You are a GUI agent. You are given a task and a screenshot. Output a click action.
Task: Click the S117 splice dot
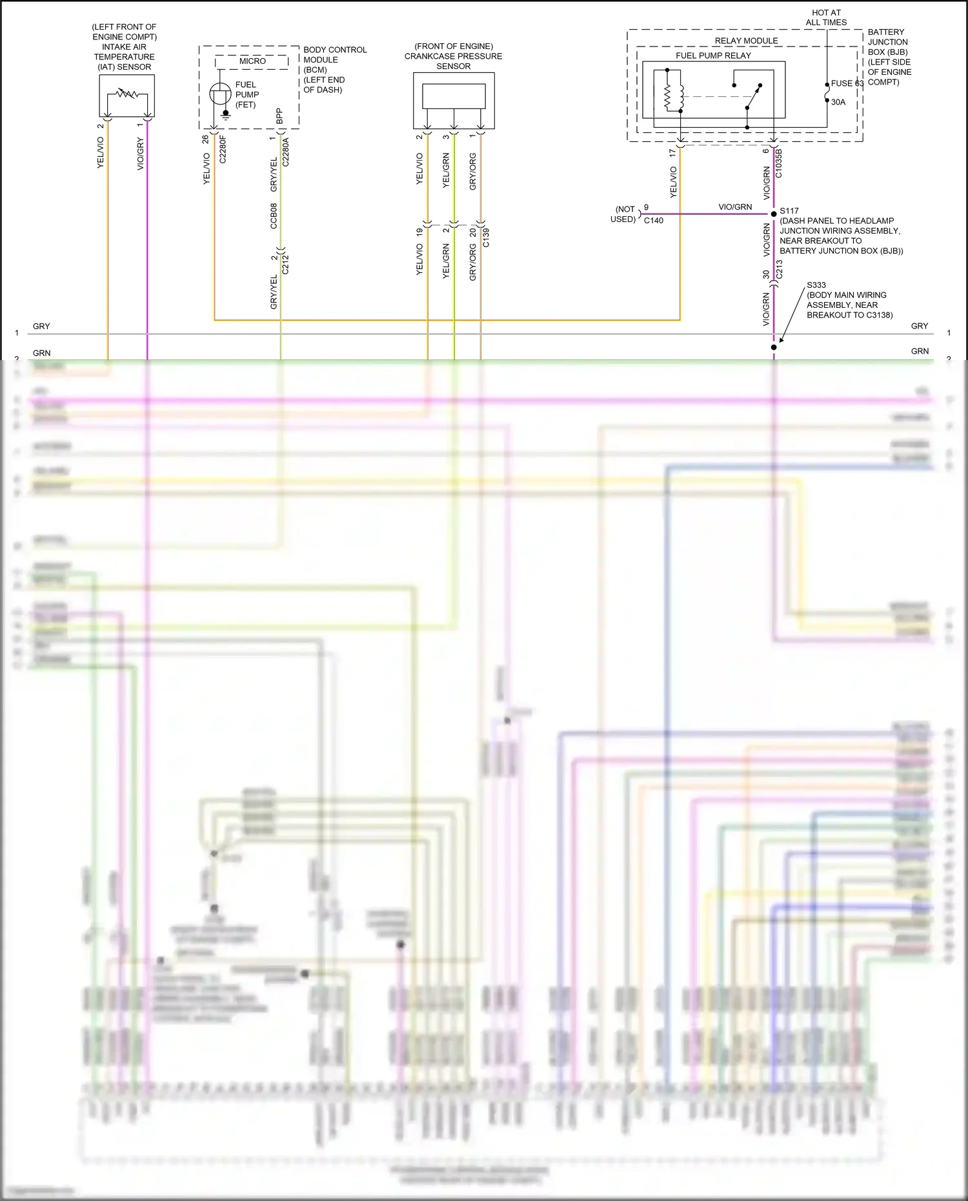(774, 214)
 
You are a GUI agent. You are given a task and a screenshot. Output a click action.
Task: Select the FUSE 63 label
(847, 83)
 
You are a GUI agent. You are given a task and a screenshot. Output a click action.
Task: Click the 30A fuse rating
(838, 102)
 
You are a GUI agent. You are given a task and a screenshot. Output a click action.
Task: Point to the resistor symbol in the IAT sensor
(127, 94)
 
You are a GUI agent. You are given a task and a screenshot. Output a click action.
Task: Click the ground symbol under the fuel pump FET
(225, 116)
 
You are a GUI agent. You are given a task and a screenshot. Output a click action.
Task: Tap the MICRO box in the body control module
(252, 61)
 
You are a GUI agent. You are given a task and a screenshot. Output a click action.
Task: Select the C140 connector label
(653, 221)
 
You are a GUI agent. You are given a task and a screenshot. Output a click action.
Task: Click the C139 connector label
(486, 237)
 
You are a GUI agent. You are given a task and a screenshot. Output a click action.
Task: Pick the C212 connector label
(285, 265)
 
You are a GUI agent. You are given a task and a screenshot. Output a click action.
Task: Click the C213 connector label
(779, 269)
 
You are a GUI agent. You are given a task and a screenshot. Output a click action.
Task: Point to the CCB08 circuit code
(274, 216)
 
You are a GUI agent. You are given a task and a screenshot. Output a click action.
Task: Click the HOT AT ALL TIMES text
(826, 17)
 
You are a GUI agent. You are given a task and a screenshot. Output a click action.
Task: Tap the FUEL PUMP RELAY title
(713, 56)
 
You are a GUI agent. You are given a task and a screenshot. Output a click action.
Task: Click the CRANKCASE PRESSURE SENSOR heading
(453, 56)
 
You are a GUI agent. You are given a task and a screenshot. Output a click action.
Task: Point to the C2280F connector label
(223, 149)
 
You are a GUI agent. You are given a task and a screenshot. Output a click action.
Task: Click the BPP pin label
(279, 117)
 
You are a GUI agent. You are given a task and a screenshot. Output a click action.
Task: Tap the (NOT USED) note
(624, 214)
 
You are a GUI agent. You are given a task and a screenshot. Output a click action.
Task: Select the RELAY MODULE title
(746, 41)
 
